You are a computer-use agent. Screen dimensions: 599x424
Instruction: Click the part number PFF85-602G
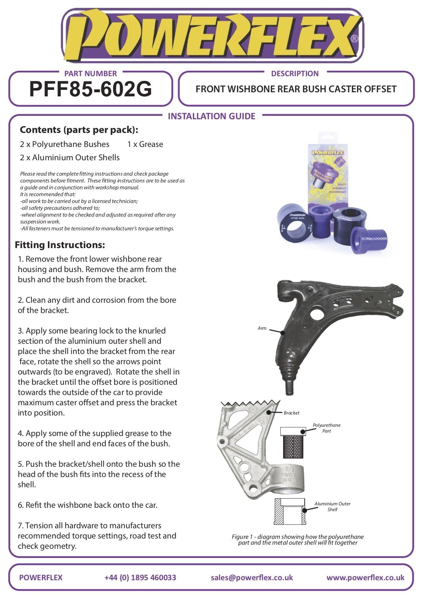91,90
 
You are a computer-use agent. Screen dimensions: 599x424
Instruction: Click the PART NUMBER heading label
91,73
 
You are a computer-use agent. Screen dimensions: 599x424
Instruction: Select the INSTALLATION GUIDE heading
211,116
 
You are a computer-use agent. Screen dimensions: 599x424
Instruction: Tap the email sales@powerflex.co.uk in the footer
252,577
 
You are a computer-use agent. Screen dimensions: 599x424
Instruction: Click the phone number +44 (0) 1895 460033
140,577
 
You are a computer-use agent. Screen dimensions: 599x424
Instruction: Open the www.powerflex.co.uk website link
365,577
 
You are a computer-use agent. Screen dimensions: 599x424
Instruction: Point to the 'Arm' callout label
262,328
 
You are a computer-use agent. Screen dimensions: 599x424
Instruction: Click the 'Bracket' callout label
291,413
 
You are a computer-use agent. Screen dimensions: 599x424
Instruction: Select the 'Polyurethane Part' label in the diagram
327,428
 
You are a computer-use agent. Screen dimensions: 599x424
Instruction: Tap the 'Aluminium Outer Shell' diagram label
332,506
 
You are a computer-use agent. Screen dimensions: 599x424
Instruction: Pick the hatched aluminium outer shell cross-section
289,512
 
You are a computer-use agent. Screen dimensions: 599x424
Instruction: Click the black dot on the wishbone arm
282,332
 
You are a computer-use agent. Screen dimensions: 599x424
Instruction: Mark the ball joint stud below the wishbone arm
289,387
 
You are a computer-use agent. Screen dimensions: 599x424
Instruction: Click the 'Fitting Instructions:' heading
60,245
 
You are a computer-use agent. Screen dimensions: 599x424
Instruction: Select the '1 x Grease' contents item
145,144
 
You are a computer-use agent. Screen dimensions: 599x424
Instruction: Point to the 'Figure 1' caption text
297,540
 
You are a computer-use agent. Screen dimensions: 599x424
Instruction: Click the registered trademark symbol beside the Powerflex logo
355,39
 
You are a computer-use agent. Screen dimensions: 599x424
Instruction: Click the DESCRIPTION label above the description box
294,73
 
